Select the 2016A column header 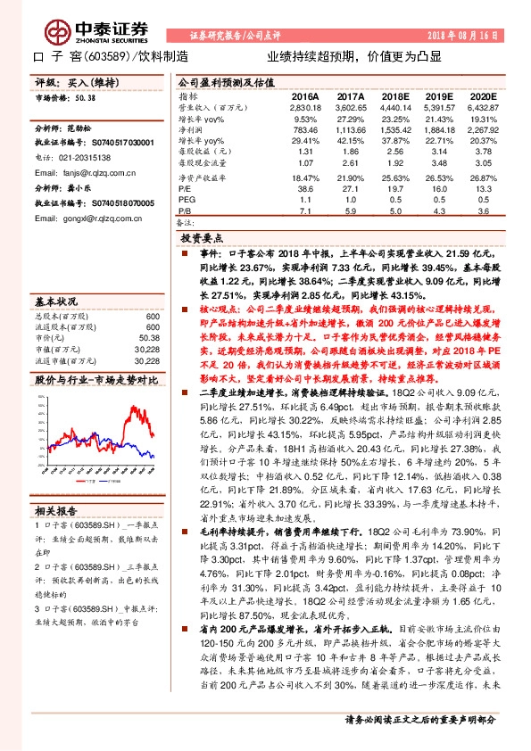pyautogui.click(x=306, y=95)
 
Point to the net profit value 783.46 pyautogui.click(x=305, y=129)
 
